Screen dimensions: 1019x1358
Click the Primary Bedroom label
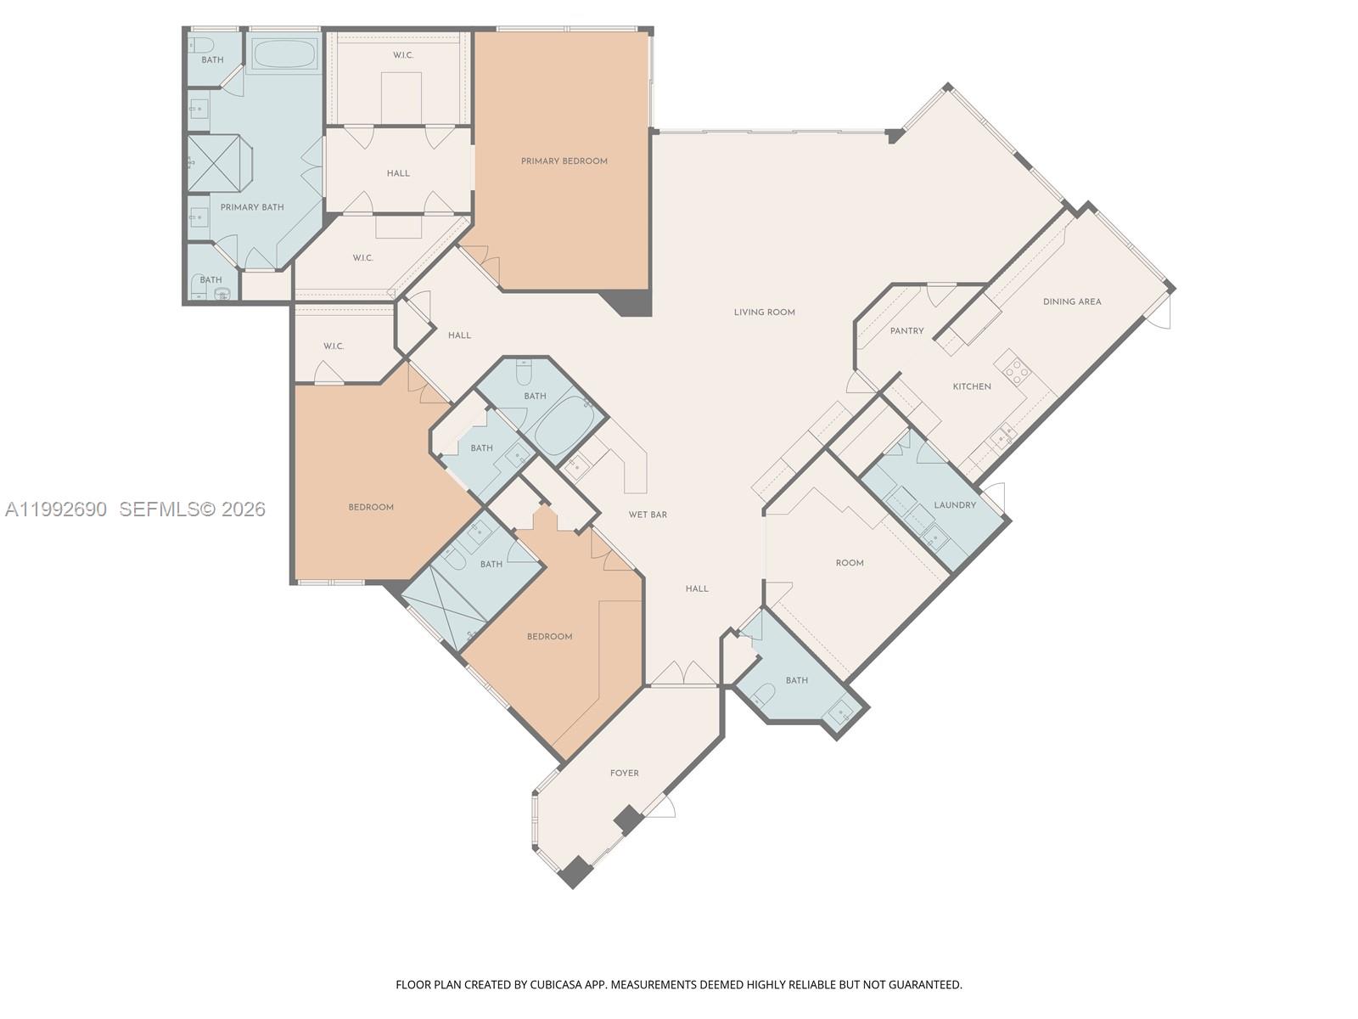[x=564, y=161]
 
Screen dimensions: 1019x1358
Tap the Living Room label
[x=764, y=312]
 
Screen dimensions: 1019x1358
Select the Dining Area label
[x=1071, y=301]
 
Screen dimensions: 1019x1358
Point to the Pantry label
[x=906, y=331]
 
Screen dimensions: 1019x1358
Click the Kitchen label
[x=971, y=386]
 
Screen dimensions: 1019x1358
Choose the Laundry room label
[x=954, y=505]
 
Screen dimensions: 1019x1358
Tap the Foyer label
[x=624, y=774]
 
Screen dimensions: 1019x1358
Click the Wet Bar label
[x=647, y=515]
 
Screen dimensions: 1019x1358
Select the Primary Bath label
[x=251, y=207]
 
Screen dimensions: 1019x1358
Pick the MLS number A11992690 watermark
[x=56, y=509]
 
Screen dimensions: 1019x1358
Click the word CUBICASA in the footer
[x=559, y=985]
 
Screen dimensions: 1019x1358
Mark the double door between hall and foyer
[x=683, y=674]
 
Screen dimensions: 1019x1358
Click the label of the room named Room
[x=849, y=563]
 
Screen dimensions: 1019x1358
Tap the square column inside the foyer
[x=629, y=819]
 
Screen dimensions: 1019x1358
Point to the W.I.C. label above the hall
[x=402, y=56]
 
